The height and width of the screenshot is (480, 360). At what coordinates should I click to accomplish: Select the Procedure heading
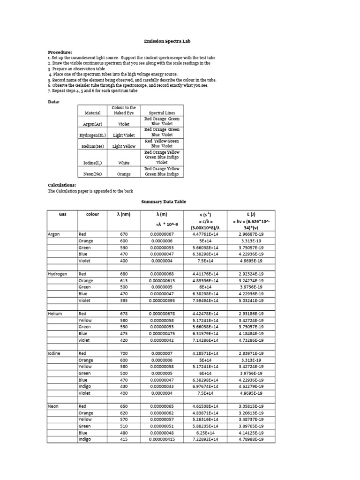click(x=60, y=52)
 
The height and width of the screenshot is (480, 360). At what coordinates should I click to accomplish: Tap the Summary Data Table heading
click(x=164, y=202)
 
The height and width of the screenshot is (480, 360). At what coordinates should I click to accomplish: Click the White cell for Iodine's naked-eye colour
click(x=124, y=163)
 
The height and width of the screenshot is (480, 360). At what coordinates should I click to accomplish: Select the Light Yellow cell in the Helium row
click(x=124, y=146)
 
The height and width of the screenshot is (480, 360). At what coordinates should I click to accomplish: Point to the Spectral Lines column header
click(x=162, y=113)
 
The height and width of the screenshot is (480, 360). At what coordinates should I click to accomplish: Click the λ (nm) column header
click(x=124, y=214)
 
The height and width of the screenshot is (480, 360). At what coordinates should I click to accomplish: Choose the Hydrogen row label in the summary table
click(x=57, y=274)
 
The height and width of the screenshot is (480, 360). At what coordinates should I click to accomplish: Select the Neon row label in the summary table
click(x=53, y=406)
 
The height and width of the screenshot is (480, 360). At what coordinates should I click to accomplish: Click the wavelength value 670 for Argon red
click(x=124, y=234)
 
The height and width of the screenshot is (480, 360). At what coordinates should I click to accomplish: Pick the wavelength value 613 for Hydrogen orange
click(x=124, y=281)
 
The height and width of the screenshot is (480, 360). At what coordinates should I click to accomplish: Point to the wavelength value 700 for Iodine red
click(x=124, y=353)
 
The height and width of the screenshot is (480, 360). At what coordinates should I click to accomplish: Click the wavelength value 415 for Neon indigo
click(x=124, y=439)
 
